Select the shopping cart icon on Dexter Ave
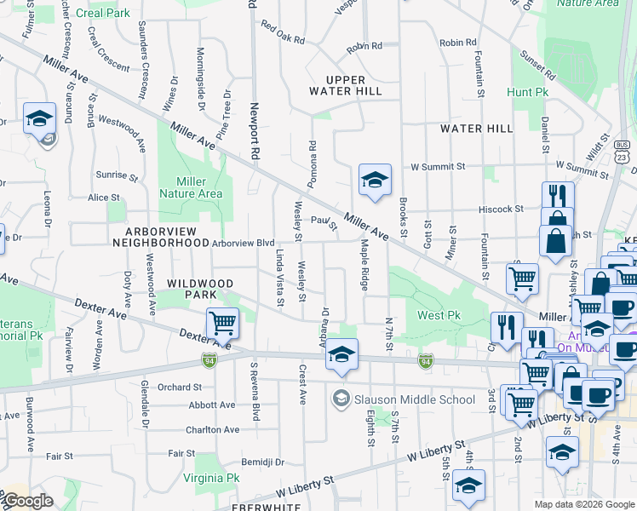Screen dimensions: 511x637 (x=222, y=323)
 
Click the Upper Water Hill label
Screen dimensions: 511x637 (x=343, y=84)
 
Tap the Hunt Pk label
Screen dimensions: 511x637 (x=527, y=92)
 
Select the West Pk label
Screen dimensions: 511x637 (x=439, y=316)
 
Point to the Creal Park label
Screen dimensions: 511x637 (x=102, y=14)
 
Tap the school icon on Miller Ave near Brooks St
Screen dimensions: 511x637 (x=375, y=179)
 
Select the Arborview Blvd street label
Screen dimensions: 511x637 (x=244, y=244)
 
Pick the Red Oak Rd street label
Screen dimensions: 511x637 (x=284, y=32)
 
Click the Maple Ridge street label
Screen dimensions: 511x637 (x=364, y=265)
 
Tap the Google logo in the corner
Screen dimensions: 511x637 (x=28, y=501)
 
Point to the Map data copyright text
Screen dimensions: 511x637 (x=584, y=504)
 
